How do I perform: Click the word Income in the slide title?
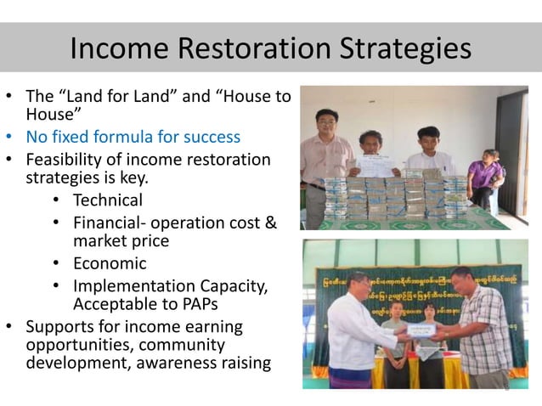(x=110, y=48)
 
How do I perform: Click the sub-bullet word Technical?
(x=108, y=200)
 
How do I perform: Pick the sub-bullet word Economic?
(x=110, y=263)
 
